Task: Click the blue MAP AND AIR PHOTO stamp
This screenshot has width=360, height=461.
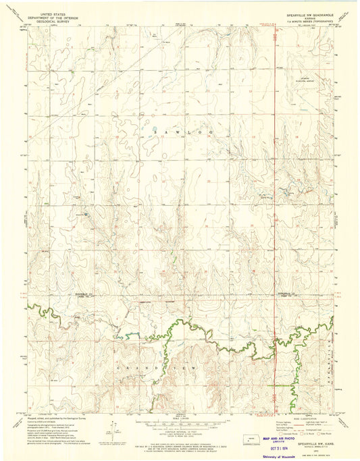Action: tap(278, 439)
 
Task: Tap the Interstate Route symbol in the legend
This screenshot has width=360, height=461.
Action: tap(282, 433)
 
